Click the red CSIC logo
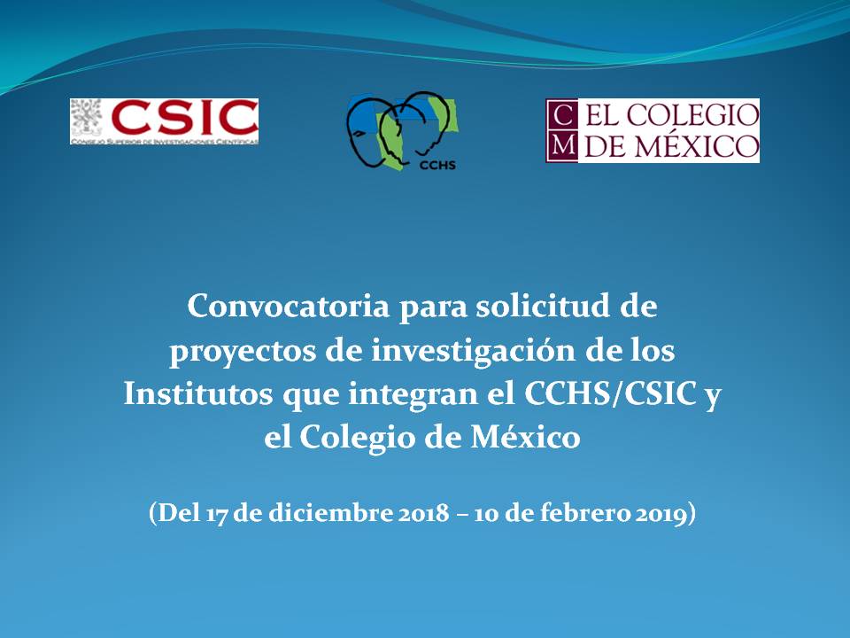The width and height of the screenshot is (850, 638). point(165,121)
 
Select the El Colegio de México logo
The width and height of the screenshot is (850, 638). point(653,130)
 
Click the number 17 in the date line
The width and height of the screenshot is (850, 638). point(218,515)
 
